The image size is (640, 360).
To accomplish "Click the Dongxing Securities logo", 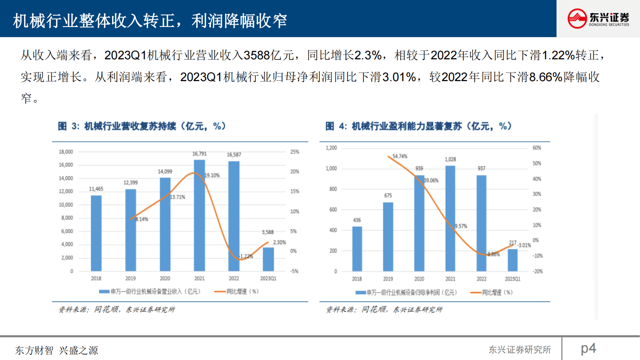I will pyautogui.click(x=598, y=19).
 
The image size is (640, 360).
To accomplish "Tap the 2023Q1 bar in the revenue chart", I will pyautogui.click(x=268, y=259).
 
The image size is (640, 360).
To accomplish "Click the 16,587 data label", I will pyautogui.click(x=234, y=155).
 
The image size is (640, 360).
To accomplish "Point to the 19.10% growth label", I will pyautogui.click(x=212, y=176).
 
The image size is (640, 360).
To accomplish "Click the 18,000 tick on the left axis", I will pyautogui.click(x=66, y=152).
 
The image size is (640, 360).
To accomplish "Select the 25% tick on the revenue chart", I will pyautogui.click(x=295, y=152).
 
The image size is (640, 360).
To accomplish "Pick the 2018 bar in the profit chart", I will pyautogui.click(x=357, y=249).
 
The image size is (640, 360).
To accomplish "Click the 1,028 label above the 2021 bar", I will pyautogui.click(x=450, y=159).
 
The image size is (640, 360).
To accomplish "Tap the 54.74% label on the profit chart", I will pyautogui.click(x=400, y=156).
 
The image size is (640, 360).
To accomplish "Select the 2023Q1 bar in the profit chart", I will pyautogui.click(x=513, y=260).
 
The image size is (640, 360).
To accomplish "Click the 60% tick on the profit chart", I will pyautogui.click(x=537, y=148).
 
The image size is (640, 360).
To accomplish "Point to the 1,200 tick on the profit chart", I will pyautogui.click(x=331, y=148).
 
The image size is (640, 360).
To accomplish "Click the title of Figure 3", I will pyautogui.click(x=142, y=126).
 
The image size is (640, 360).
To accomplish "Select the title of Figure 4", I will pyautogui.click(x=418, y=126).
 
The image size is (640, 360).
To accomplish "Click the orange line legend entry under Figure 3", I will pyautogui.click(x=237, y=291).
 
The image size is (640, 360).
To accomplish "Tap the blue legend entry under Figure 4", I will pyautogui.click(x=406, y=293).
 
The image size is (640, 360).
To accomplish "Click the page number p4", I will pyautogui.click(x=588, y=348).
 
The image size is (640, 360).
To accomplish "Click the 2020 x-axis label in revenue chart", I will pyautogui.click(x=165, y=278).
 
